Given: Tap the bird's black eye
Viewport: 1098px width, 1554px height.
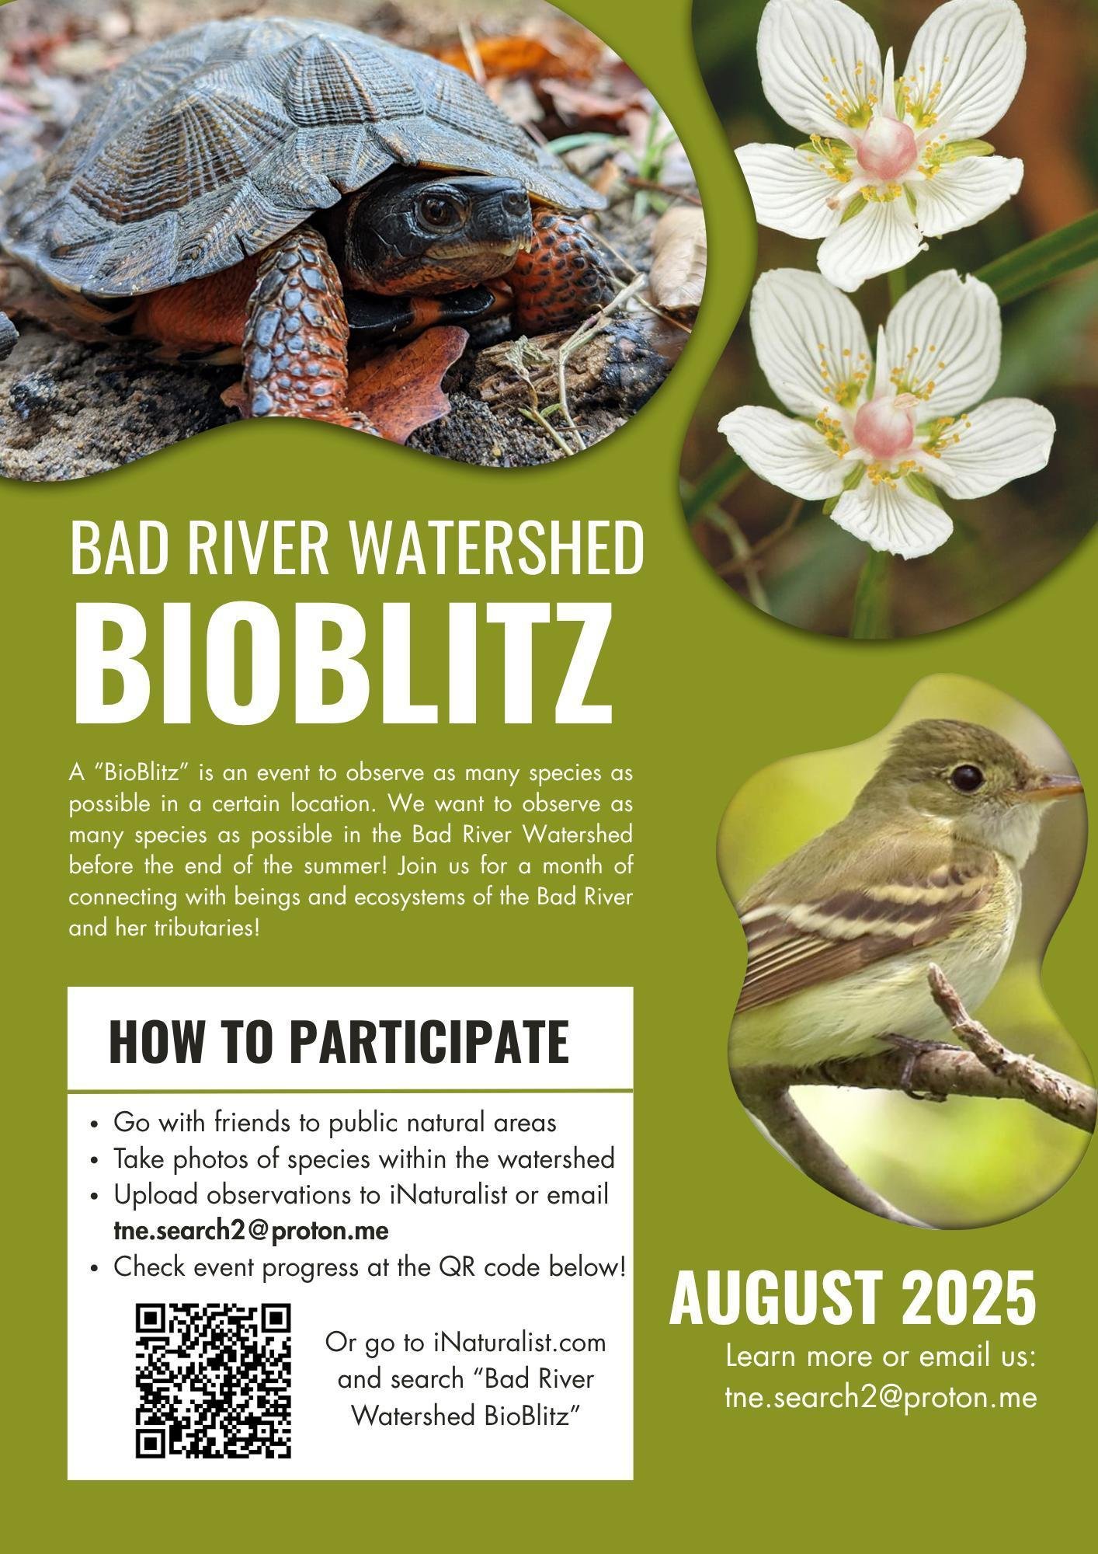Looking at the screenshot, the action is (x=968, y=779).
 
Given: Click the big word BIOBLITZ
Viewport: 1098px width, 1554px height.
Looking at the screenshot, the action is (x=342, y=665).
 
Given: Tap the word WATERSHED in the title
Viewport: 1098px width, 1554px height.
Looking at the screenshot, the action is (x=496, y=549).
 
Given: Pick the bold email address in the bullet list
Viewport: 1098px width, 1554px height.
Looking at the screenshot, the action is (x=251, y=1231).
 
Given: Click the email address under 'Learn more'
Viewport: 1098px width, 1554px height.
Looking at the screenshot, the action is (x=881, y=1398).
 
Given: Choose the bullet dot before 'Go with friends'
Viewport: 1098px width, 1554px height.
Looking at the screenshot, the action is (x=94, y=1125).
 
